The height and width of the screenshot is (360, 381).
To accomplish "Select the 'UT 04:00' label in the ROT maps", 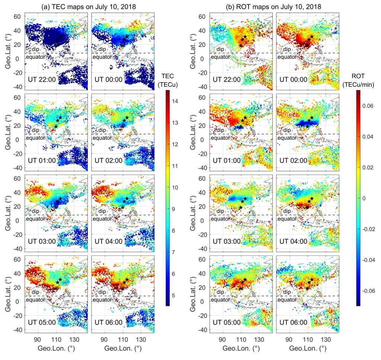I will point(293,241).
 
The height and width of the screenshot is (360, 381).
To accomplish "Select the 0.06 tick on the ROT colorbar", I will point(367,105).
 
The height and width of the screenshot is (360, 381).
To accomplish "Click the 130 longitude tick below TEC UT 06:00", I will point(141,340).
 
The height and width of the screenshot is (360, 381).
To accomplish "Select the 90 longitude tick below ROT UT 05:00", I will point(222,340).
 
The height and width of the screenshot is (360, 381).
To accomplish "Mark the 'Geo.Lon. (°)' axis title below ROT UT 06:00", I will point(308,349).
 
